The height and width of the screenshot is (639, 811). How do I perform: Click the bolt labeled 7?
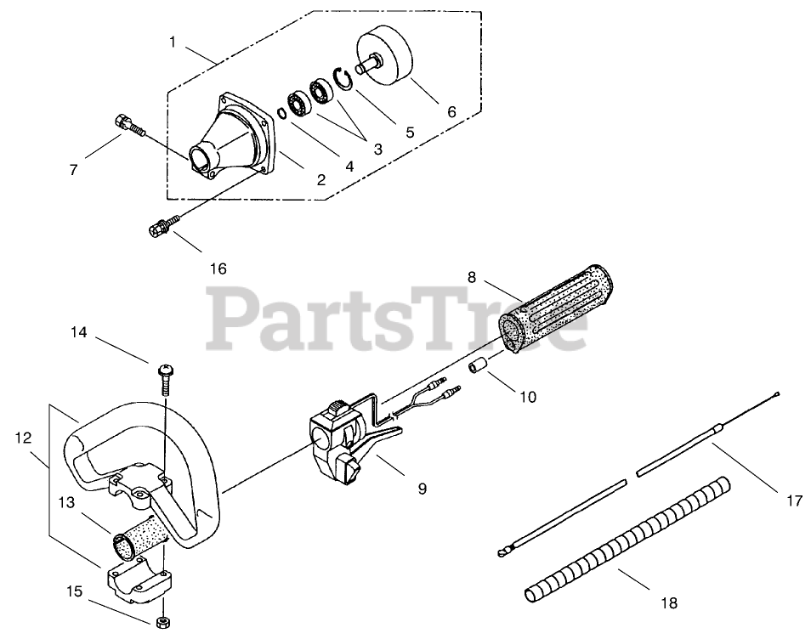[129, 127]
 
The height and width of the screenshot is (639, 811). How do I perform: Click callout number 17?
[794, 501]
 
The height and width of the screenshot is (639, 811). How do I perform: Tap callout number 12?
[23, 438]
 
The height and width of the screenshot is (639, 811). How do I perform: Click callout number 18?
[669, 603]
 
